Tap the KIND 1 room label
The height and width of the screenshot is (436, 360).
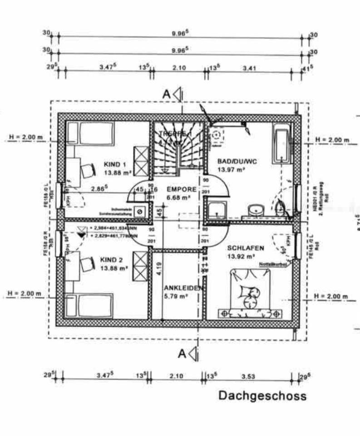(x=114, y=164)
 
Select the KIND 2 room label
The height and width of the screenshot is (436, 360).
(x=112, y=260)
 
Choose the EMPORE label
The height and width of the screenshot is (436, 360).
(x=181, y=189)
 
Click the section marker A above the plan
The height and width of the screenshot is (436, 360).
(x=167, y=94)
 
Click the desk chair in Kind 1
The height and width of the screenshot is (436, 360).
(x=88, y=170)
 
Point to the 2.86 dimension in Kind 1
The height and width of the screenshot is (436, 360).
(x=99, y=188)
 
